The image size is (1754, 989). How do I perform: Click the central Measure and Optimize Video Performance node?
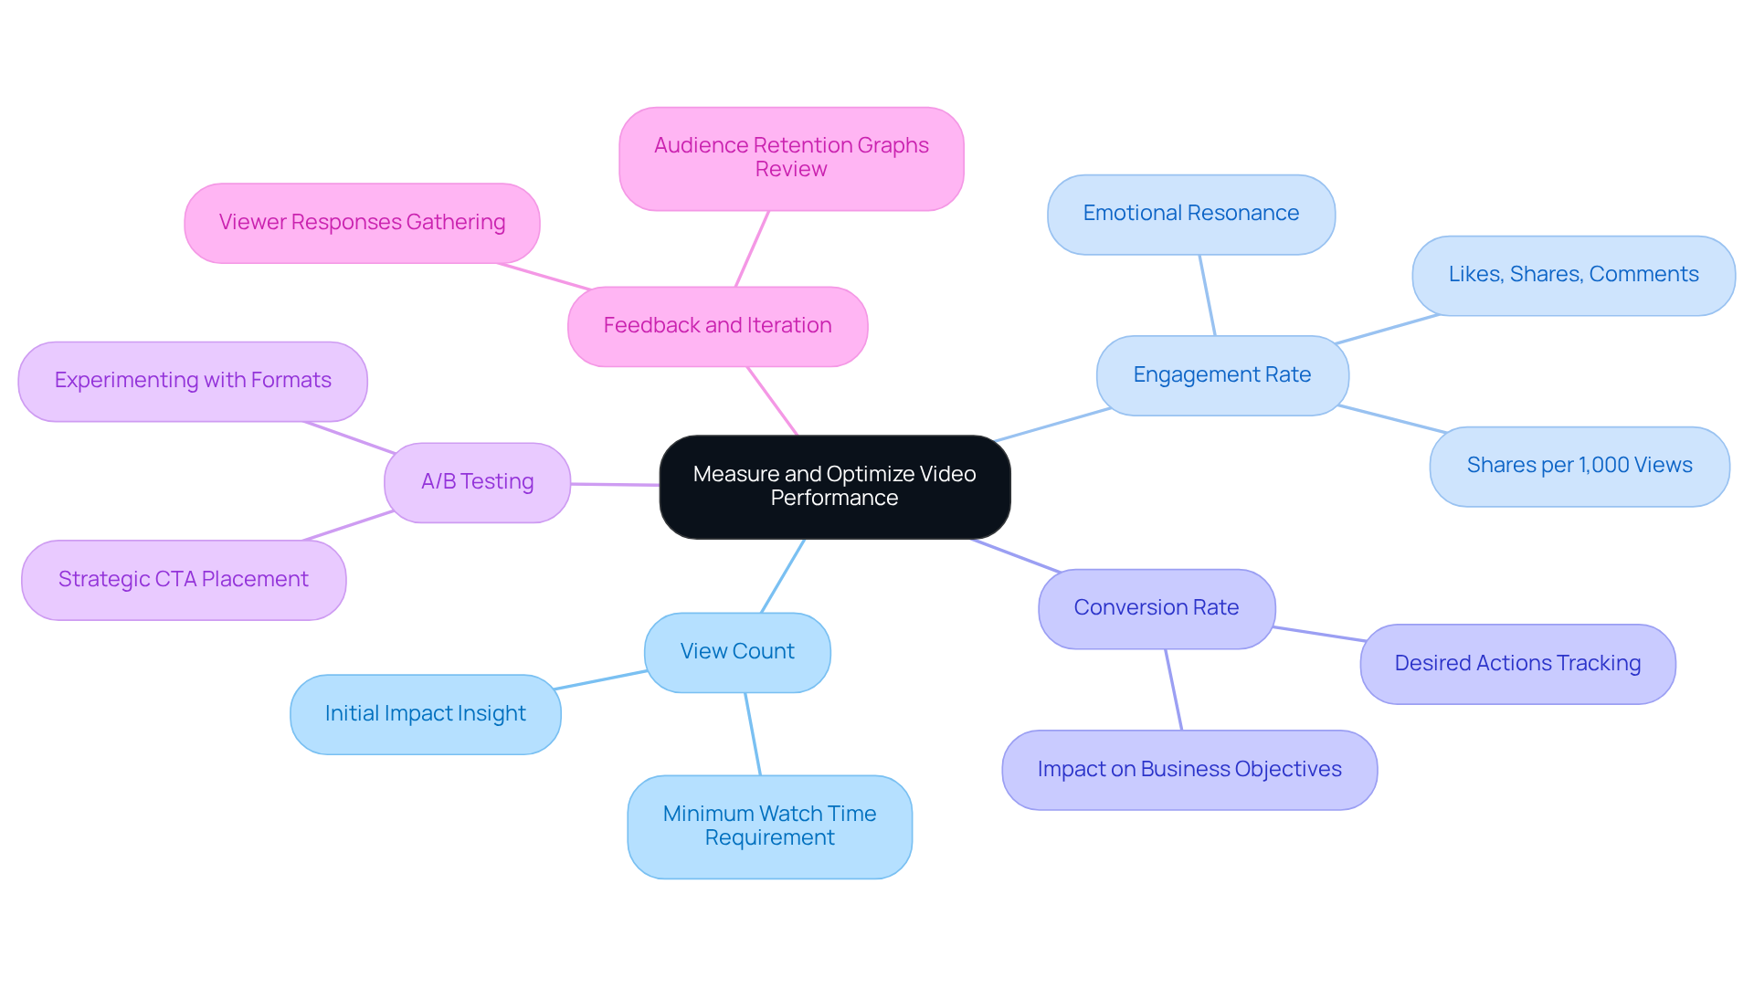pos(834,487)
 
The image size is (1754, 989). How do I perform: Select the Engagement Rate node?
pos(1221,375)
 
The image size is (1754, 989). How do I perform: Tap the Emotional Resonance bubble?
pos(1190,214)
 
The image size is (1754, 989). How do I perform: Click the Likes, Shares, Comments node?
pos(1572,275)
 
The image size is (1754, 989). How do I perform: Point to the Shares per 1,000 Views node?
pos(1579,466)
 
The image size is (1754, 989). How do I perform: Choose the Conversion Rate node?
pos(1156,608)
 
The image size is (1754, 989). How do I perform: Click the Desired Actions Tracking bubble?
pos(1516,664)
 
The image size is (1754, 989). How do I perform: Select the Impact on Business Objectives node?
pos(1189,770)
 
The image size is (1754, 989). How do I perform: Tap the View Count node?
pos(736,652)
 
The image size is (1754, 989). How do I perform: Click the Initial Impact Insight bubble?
pos(425,714)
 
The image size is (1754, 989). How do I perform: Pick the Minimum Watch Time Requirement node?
pos(769,826)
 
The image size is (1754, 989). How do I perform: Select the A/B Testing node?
pos(477,482)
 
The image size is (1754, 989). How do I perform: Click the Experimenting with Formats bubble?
pos(192,381)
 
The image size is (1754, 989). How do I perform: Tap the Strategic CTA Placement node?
pos(183,580)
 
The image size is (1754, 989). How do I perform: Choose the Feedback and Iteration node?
pos(717,326)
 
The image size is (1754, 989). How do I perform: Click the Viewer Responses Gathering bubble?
pos(362,223)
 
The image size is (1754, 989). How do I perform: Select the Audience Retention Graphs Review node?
pos(790,158)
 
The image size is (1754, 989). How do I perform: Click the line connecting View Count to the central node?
pos(783,575)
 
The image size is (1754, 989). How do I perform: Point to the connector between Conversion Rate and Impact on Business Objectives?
pos(1174,689)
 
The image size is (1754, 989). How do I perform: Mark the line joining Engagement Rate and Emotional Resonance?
pos(1207,295)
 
